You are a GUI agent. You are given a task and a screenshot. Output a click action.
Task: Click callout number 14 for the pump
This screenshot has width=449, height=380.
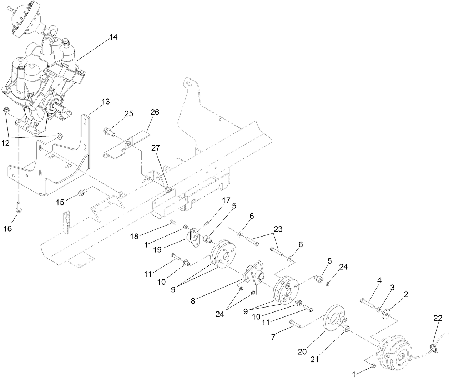click(x=113, y=37)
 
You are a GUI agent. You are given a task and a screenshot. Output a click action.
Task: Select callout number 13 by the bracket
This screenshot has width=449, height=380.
click(x=106, y=102)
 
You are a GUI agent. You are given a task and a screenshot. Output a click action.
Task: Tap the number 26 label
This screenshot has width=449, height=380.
click(x=155, y=112)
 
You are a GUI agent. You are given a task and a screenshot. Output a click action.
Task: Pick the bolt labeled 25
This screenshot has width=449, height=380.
click(x=109, y=132)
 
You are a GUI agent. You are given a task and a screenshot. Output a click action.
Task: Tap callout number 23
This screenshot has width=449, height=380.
click(x=278, y=229)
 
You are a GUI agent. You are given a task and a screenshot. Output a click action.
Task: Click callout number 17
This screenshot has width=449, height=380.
click(x=226, y=201)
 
